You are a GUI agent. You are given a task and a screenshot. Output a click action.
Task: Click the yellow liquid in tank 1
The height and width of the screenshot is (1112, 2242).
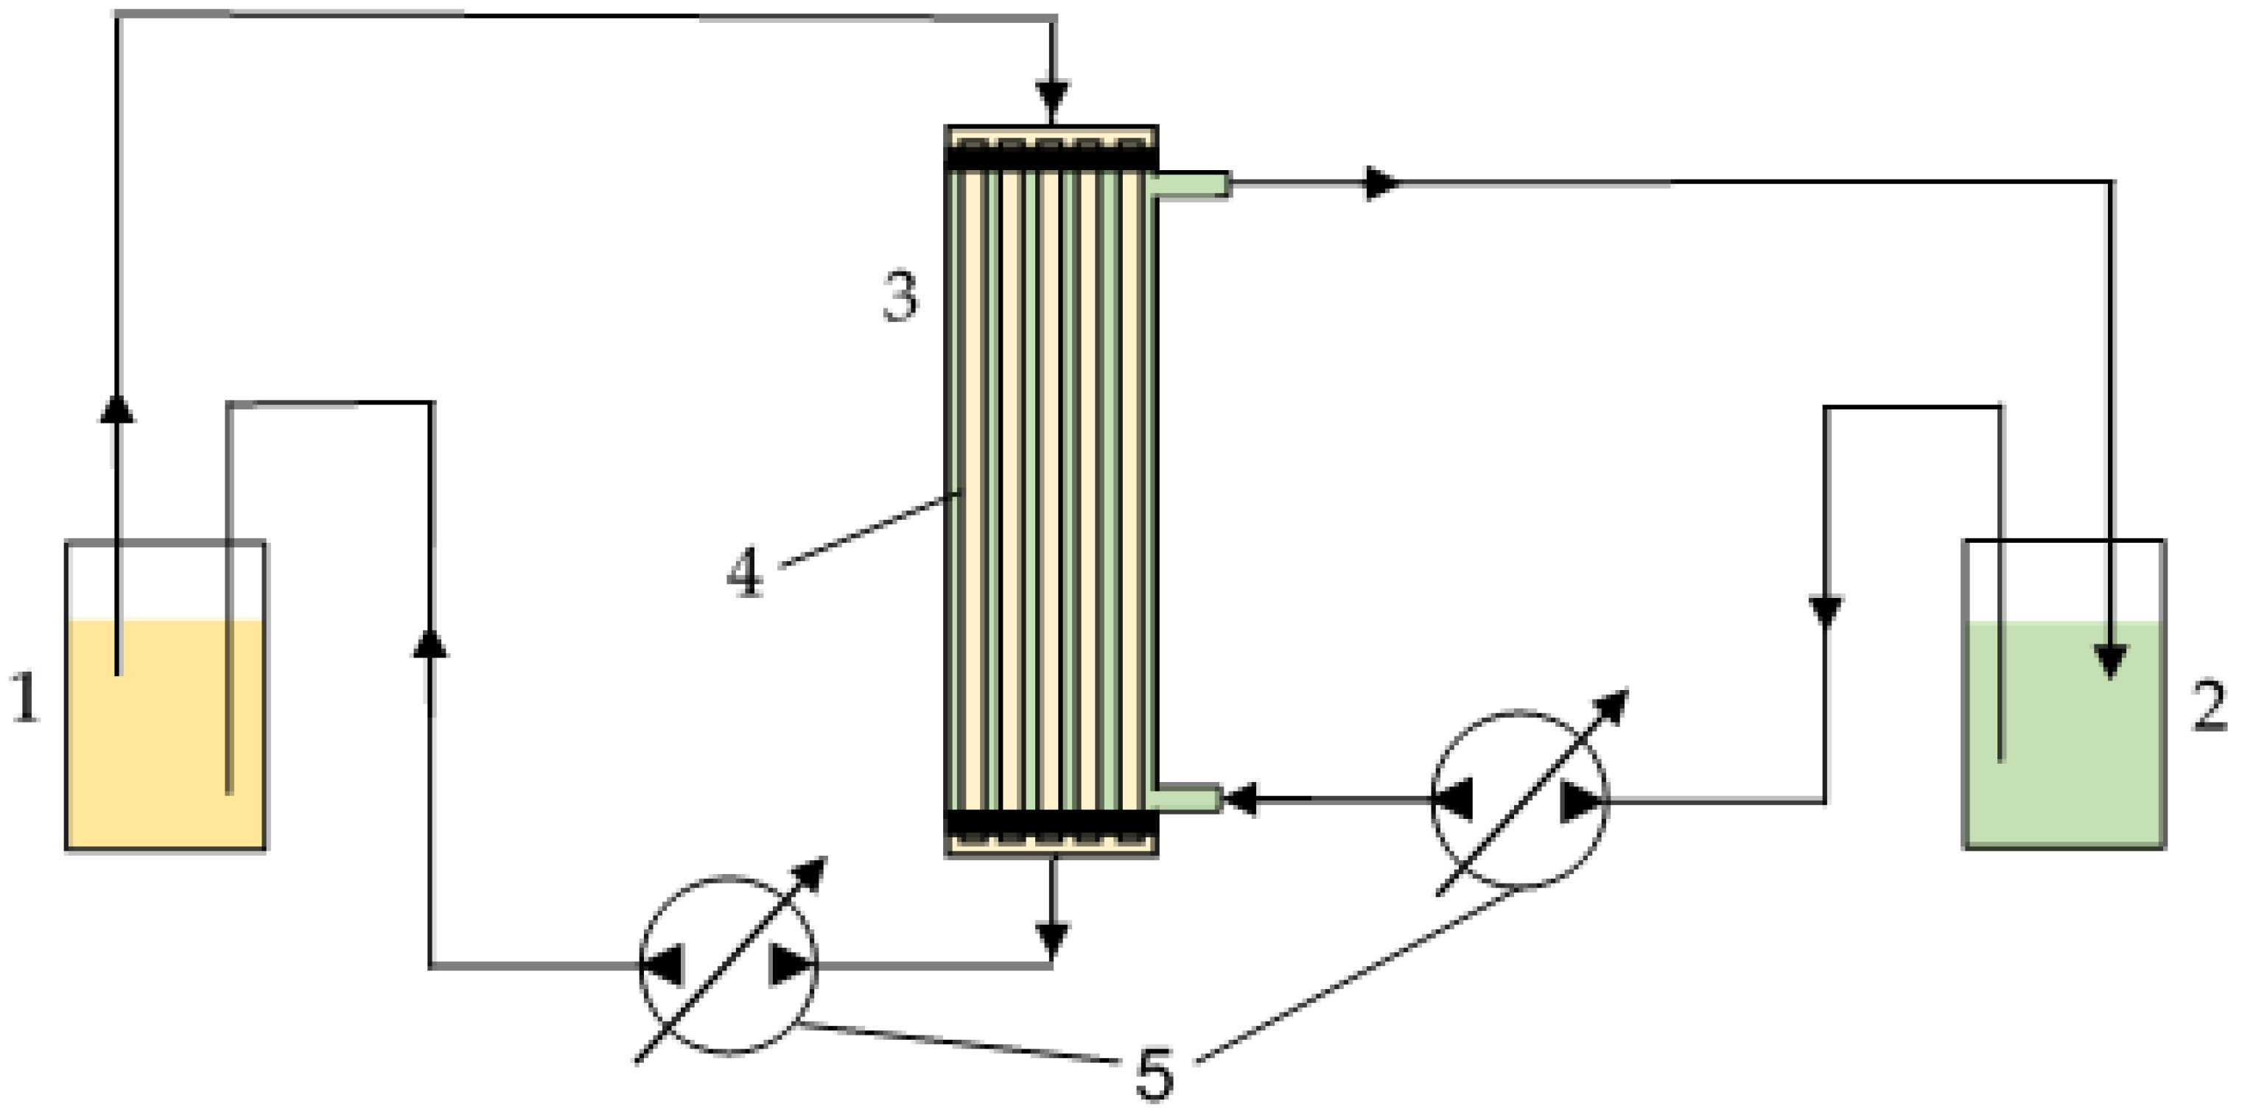coord(165,739)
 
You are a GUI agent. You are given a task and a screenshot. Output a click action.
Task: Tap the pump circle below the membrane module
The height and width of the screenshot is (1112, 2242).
coord(729,966)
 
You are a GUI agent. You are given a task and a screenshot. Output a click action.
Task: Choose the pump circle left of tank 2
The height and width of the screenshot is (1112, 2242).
coord(1520,800)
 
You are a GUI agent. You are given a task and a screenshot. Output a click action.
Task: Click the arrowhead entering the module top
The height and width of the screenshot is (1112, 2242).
coord(1052,94)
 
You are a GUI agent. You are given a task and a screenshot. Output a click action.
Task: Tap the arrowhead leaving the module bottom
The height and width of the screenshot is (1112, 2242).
coord(1052,938)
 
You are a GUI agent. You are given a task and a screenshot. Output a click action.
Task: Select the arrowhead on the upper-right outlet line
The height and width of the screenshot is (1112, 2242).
coord(1382,183)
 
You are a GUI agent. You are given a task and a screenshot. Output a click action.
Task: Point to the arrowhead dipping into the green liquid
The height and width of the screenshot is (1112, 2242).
coord(2111,661)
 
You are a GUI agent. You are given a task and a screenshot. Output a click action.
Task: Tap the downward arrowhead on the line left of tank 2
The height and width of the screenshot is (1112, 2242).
coord(1825,610)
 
